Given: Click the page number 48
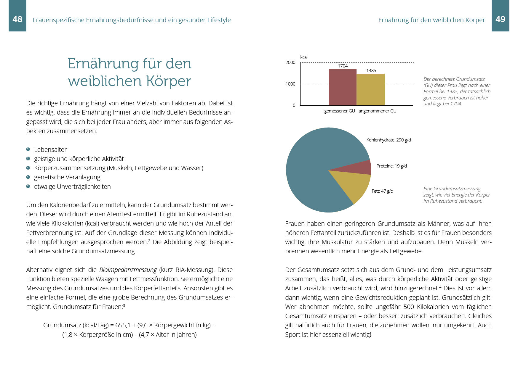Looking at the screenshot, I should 17,19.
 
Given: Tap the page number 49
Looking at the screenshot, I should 500,19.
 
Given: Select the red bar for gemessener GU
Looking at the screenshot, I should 343,87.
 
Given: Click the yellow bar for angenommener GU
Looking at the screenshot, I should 370,89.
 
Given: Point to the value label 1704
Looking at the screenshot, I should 343,66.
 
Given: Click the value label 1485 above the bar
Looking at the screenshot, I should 371,70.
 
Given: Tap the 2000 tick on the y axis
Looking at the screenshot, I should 290,62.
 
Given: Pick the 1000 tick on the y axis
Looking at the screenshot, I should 290,84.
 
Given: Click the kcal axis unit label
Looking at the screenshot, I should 304,57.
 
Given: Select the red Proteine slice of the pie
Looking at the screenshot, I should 360,168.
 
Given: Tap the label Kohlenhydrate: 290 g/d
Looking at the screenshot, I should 388,140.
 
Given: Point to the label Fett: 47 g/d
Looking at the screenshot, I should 382,191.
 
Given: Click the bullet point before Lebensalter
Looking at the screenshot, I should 28,149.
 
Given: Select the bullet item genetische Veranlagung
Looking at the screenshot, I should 67,177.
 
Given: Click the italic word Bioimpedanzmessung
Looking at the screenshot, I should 128,270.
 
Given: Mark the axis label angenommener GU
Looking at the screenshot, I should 377,111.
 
